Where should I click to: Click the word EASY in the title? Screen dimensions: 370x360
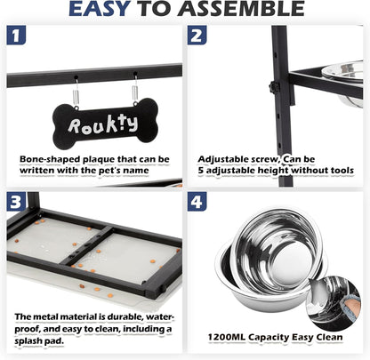tap(100, 9)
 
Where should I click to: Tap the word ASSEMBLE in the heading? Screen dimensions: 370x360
tap(241, 9)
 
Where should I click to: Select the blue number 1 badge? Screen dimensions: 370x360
tap(16, 36)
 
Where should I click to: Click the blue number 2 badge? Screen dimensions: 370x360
tap(197, 36)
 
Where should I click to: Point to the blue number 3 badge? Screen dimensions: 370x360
tap(16, 202)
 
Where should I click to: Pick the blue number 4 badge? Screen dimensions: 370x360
tap(197, 202)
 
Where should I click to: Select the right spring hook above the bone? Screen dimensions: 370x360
tap(135, 90)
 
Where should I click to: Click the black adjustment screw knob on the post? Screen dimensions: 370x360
tap(274, 87)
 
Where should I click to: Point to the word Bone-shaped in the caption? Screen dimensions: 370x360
tap(50, 160)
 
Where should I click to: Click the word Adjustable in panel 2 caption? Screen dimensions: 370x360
tap(224, 160)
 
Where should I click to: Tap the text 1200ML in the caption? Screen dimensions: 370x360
tap(227, 337)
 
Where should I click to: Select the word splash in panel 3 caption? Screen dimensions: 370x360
tap(28, 341)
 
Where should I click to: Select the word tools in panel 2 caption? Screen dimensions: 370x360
tap(341, 171)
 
